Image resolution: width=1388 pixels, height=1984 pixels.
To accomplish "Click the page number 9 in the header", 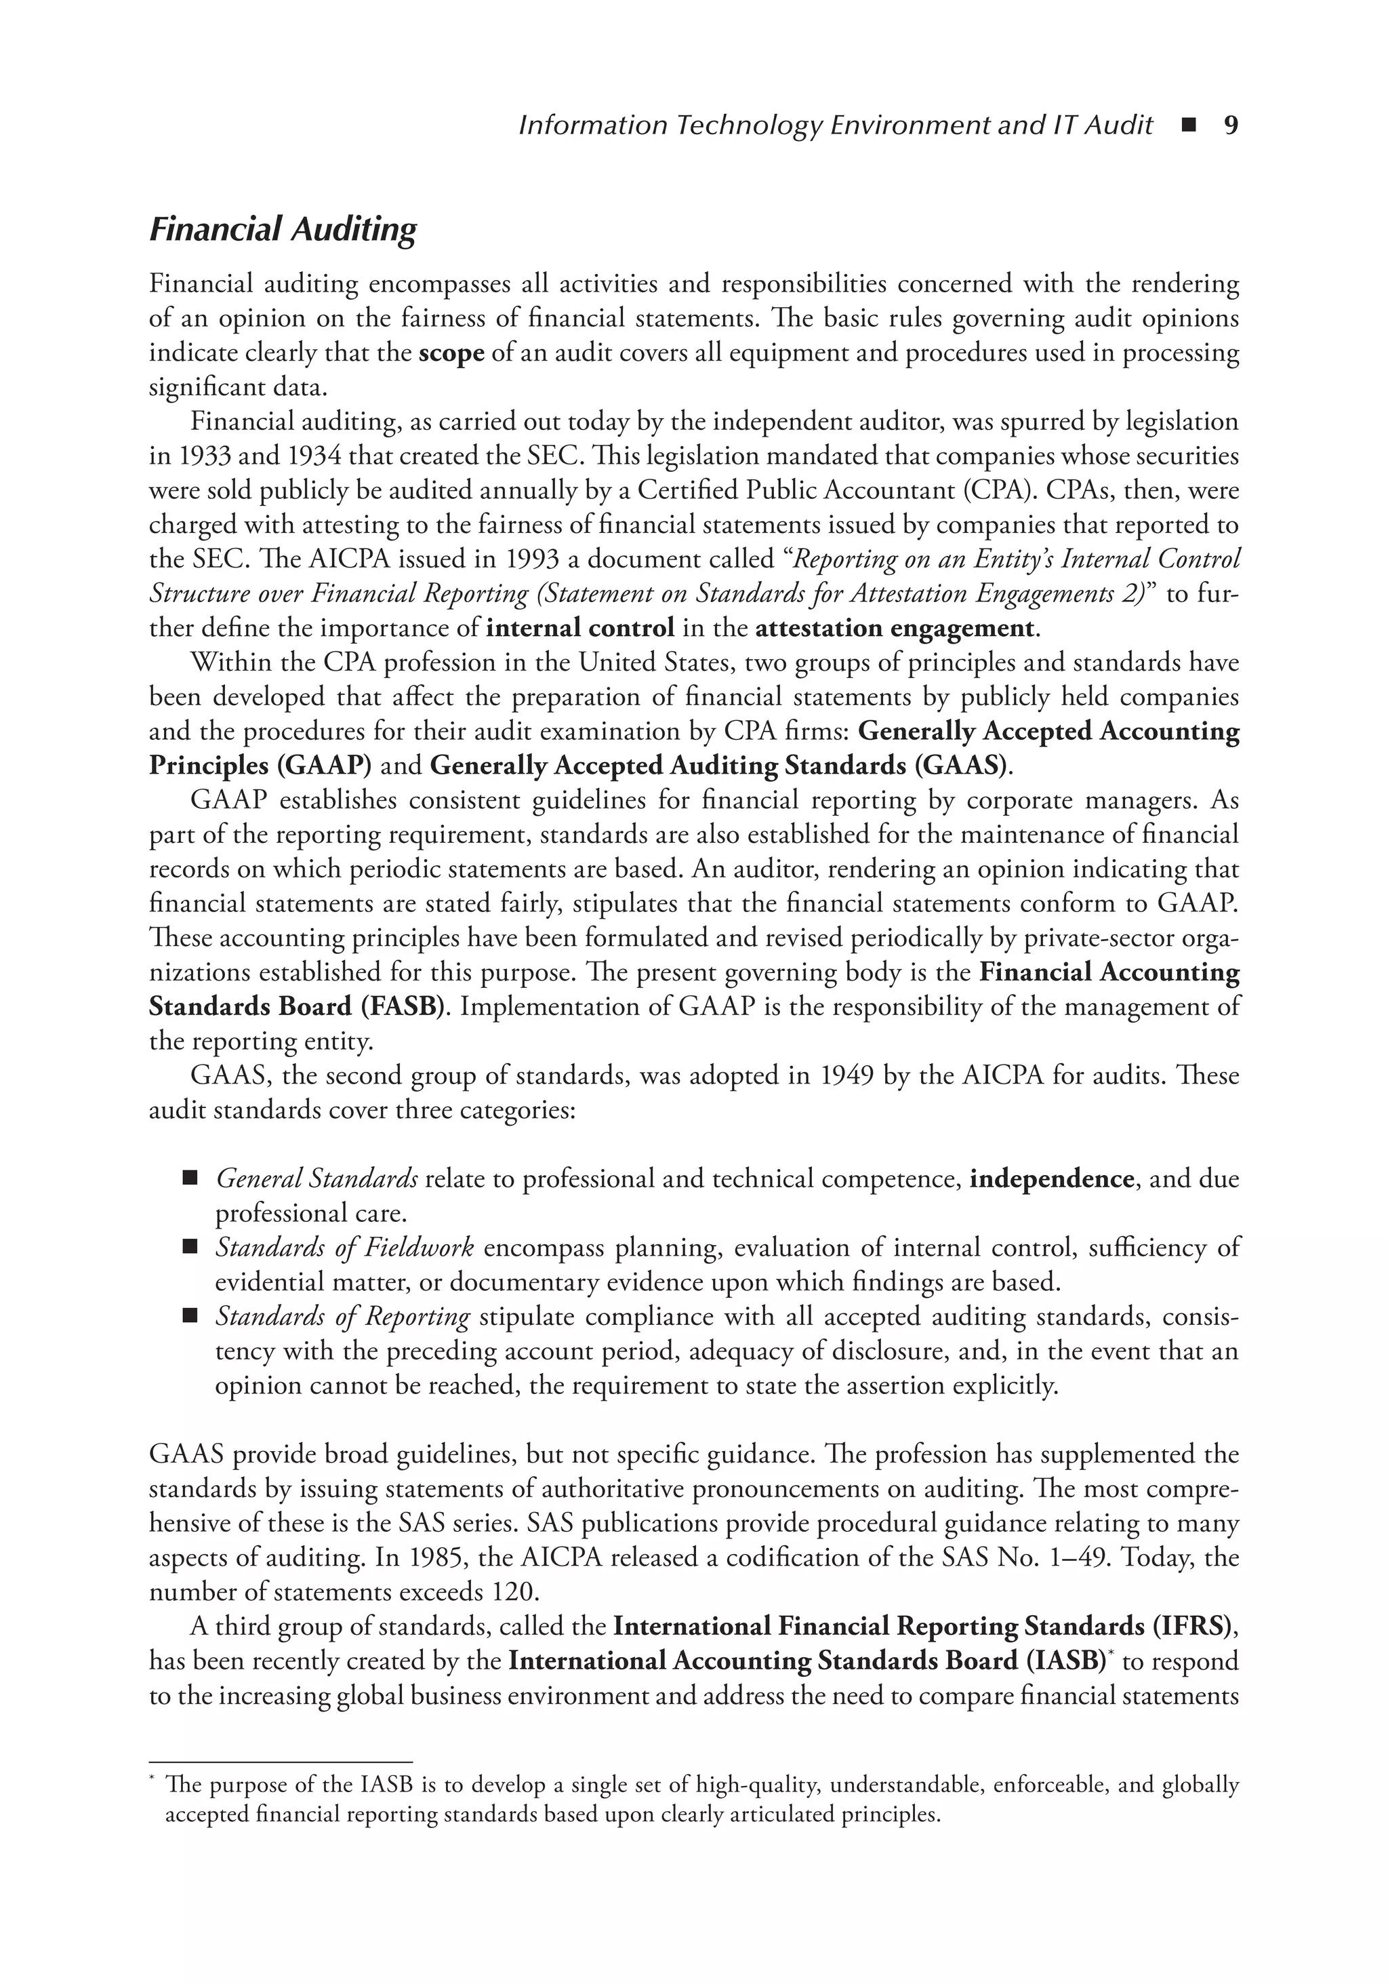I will (1231, 126).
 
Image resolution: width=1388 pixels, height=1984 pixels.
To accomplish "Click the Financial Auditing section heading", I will (283, 230).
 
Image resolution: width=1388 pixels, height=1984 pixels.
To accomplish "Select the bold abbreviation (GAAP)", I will (328, 766).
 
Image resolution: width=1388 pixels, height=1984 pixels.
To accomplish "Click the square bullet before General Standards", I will (190, 1178).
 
